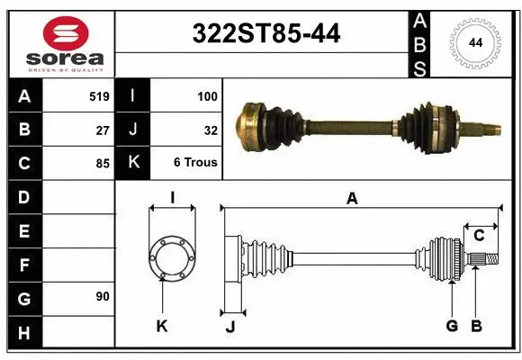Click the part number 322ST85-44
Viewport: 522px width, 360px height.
click(266, 33)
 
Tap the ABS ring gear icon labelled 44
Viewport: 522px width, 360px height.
click(473, 43)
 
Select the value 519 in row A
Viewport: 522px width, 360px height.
click(99, 95)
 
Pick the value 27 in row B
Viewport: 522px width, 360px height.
click(102, 130)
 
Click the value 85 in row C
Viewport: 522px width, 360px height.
click(102, 164)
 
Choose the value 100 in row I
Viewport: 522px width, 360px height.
click(208, 95)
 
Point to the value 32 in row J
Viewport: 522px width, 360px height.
click(211, 130)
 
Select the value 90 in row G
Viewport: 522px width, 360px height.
click(102, 295)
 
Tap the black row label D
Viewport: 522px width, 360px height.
click(23, 197)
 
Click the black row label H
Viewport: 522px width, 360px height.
click(23, 334)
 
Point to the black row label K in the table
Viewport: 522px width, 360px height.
click(133, 164)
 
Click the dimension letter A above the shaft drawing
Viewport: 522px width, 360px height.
click(352, 199)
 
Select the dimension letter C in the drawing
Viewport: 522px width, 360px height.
click(479, 236)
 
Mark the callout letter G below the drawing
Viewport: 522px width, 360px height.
click(452, 326)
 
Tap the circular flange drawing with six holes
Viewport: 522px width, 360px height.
click(171, 257)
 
